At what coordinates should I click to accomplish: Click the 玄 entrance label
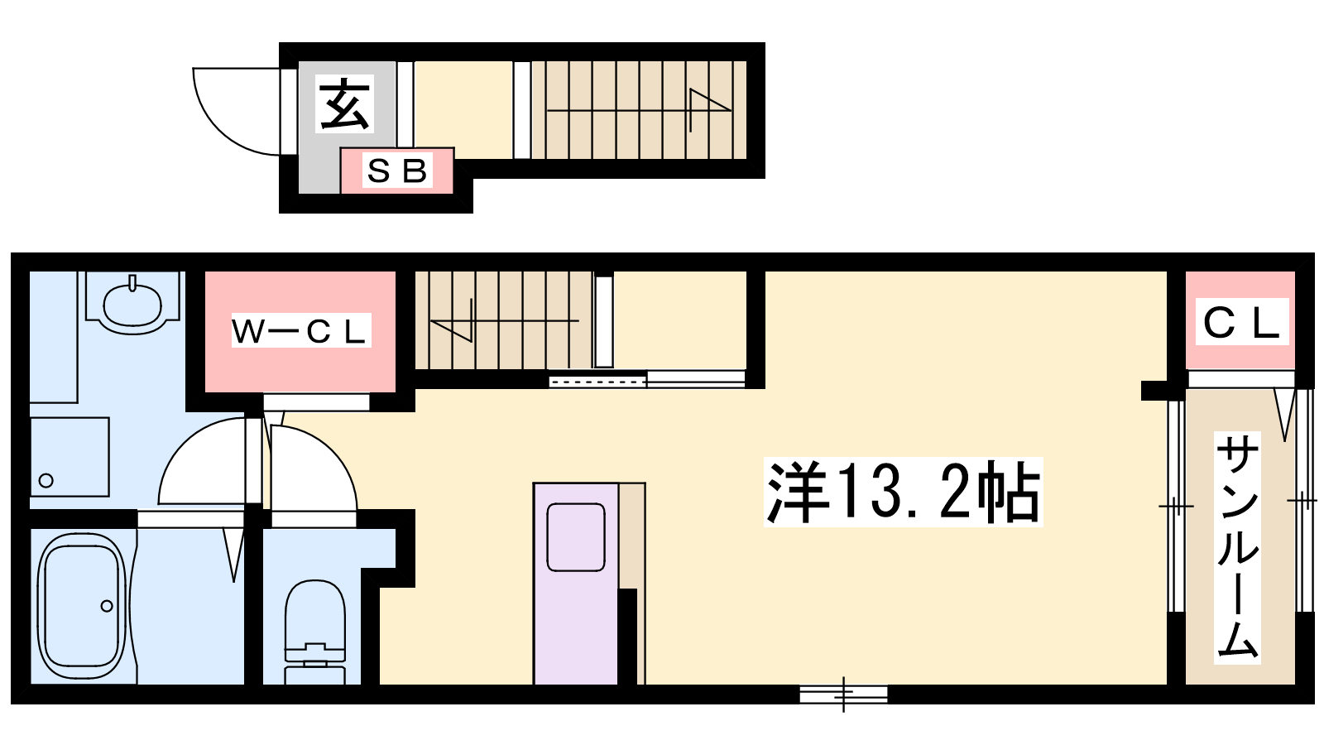[x=345, y=104]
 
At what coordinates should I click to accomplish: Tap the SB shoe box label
[x=397, y=171]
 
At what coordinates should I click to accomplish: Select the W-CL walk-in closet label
[x=300, y=330]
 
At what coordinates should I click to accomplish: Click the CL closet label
[x=1241, y=322]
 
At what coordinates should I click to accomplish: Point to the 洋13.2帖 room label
[x=903, y=492]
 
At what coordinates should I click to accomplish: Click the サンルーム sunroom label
[x=1237, y=547]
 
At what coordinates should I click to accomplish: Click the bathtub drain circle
[x=107, y=606]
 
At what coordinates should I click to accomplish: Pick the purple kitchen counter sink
[x=576, y=537]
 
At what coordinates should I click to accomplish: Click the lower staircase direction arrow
[x=505, y=320]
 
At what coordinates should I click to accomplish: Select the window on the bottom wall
[x=843, y=695]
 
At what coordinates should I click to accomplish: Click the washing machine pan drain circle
[x=46, y=481]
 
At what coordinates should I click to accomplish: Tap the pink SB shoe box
[x=396, y=171]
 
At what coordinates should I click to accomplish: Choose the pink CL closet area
[x=1240, y=320]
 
